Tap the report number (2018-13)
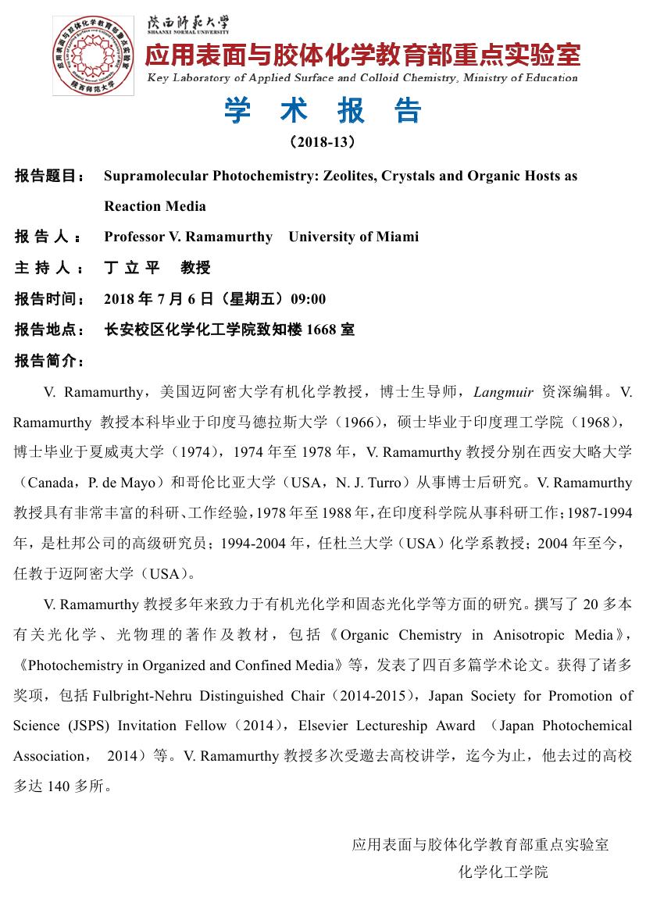pyautogui.click(x=322, y=142)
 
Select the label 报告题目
pyautogui.click(x=50, y=177)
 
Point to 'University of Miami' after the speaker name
pyautogui.click(x=353, y=237)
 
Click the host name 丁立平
pyautogui.click(x=132, y=268)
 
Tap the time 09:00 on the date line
pyautogui.click(x=308, y=299)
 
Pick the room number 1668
pyautogui.click(x=322, y=330)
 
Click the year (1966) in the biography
pyautogui.click(x=371, y=422)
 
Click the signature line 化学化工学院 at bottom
pyautogui.click(x=503, y=872)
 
